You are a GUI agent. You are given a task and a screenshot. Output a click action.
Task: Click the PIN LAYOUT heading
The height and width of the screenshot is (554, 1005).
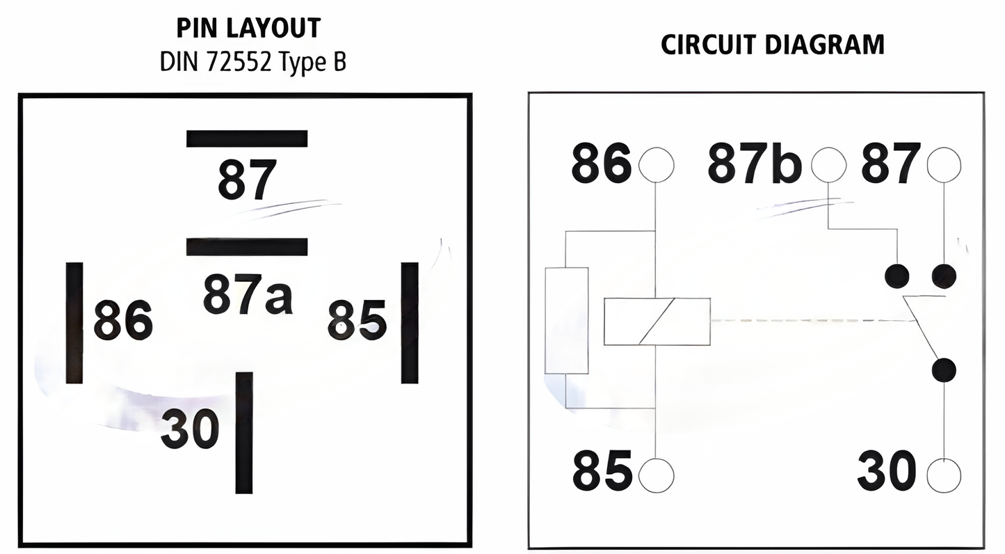click(248, 29)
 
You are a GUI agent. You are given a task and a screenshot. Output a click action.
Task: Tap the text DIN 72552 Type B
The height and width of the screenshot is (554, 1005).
click(252, 62)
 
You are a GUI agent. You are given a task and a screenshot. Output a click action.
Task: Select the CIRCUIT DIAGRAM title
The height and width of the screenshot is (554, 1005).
click(772, 45)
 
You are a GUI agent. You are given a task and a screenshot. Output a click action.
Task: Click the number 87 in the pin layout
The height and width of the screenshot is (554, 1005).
click(247, 180)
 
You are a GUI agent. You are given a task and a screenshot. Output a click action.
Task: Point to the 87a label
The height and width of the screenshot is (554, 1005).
click(248, 295)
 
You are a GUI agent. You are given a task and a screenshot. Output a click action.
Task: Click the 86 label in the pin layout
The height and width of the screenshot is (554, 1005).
click(123, 320)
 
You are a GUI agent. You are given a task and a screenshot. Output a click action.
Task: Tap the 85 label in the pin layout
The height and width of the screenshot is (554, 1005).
click(357, 320)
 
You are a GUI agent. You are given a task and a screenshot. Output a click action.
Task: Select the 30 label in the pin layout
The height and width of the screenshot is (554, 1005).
click(190, 429)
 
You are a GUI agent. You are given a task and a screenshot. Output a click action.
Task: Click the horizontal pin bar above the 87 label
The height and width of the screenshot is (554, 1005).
click(247, 138)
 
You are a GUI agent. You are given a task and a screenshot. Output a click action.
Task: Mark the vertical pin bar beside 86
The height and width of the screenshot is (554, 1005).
click(74, 322)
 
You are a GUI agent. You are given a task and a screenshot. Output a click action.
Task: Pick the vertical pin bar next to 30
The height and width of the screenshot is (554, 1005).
click(244, 432)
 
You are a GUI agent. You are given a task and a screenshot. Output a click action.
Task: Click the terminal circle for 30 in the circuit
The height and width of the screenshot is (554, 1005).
click(944, 476)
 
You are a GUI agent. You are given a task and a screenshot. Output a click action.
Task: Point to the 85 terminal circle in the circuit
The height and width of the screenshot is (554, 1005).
click(656, 476)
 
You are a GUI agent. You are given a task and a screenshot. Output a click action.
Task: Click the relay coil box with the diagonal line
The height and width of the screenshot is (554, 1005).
click(657, 322)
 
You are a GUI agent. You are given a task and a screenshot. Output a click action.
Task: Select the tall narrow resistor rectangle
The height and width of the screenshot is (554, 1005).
click(566, 321)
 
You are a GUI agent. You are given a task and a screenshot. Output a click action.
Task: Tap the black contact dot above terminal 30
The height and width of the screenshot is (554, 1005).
click(944, 370)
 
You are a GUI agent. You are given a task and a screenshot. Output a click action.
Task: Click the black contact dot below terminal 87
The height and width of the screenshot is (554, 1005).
click(944, 276)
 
